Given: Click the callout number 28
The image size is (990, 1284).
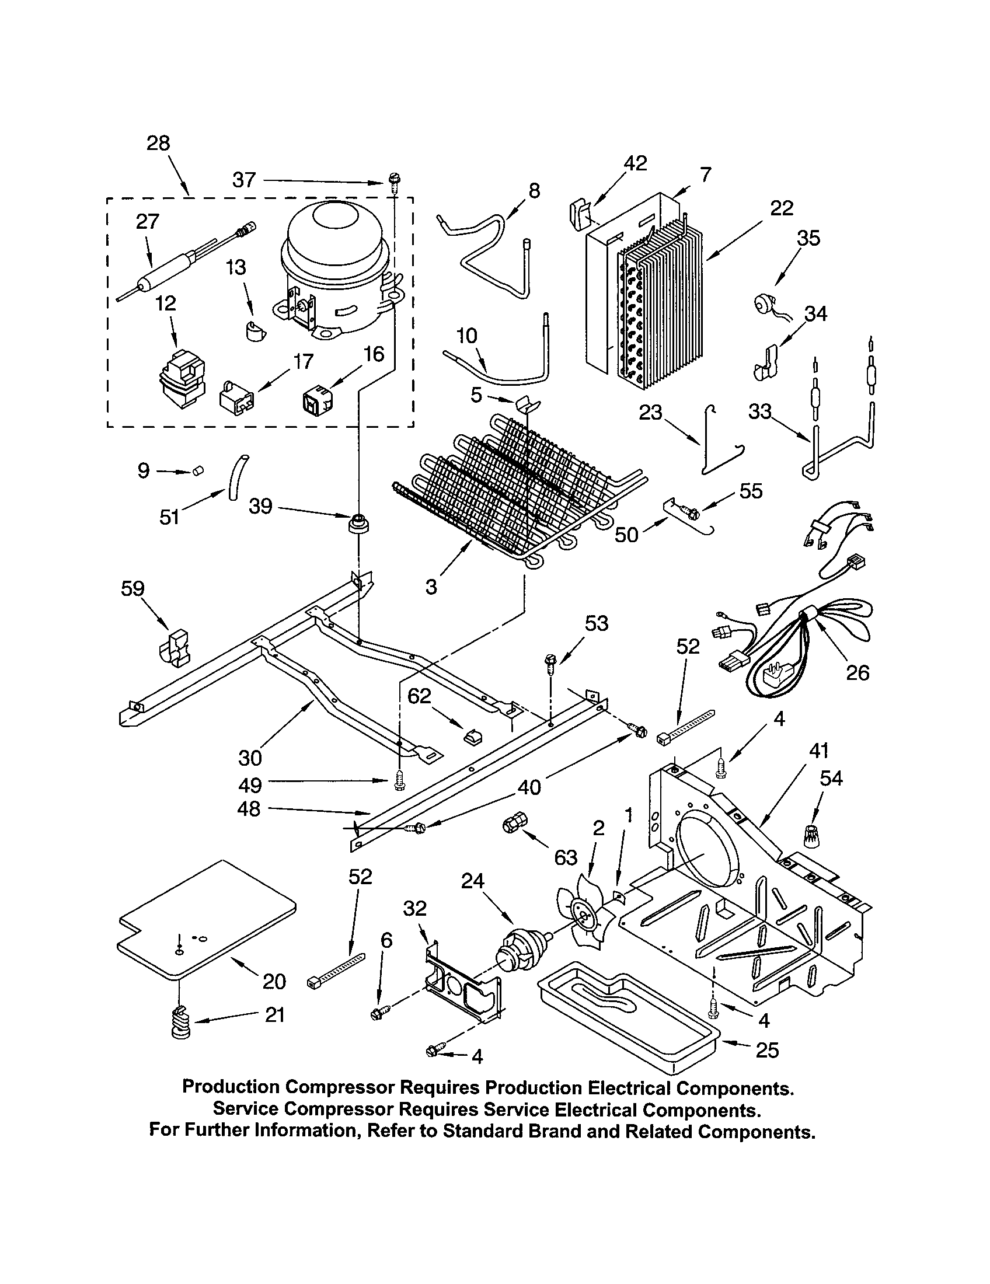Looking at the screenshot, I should click(x=158, y=143).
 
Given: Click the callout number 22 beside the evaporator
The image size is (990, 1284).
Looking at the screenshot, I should click(x=781, y=208).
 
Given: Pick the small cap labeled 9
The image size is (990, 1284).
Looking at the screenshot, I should click(x=198, y=471).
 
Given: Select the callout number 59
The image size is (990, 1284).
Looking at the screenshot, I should click(x=133, y=588).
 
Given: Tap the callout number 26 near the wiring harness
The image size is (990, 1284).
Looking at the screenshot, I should click(x=857, y=672).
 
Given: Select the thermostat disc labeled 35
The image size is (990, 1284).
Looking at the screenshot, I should click(x=765, y=304).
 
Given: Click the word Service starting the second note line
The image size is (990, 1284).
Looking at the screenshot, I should click(x=243, y=1109).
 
